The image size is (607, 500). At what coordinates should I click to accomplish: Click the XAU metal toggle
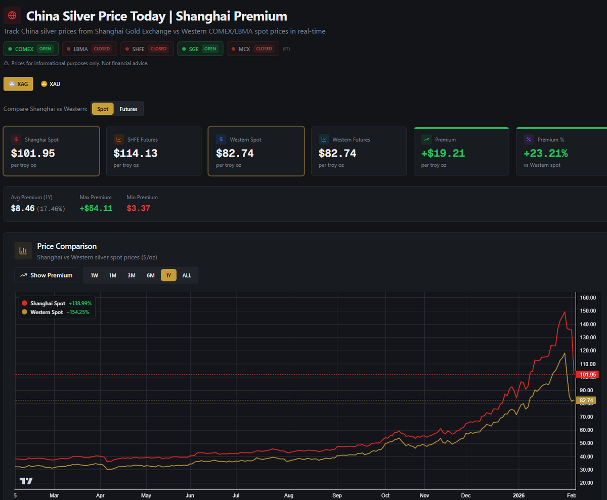click(51, 84)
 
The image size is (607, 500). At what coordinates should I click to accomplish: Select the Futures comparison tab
click(128, 109)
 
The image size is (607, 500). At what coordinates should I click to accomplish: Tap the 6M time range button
click(151, 275)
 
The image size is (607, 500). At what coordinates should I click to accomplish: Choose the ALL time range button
click(187, 275)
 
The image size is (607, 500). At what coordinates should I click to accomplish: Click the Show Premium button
click(46, 275)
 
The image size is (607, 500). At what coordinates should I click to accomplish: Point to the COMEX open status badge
click(31, 49)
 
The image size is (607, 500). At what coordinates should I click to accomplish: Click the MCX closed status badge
click(253, 49)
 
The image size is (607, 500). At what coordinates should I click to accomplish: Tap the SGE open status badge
click(200, 49)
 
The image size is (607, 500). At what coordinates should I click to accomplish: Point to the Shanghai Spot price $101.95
click(33, 153)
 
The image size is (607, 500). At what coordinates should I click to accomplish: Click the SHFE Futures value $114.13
click(136, 153)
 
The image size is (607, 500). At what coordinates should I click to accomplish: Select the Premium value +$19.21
click(443, 153)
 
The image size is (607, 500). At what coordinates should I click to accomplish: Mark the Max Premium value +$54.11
click(96, 208)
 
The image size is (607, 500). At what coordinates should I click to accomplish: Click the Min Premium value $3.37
click(139, 208)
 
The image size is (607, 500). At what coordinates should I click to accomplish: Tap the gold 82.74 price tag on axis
click(586, 400)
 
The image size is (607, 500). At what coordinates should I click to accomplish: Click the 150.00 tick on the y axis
click(588, 311)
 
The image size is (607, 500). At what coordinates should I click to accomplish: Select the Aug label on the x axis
click(288, 495)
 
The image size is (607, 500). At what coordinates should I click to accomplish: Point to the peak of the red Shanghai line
click(565, 312)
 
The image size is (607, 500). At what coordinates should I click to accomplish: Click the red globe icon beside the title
click(12, 15)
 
